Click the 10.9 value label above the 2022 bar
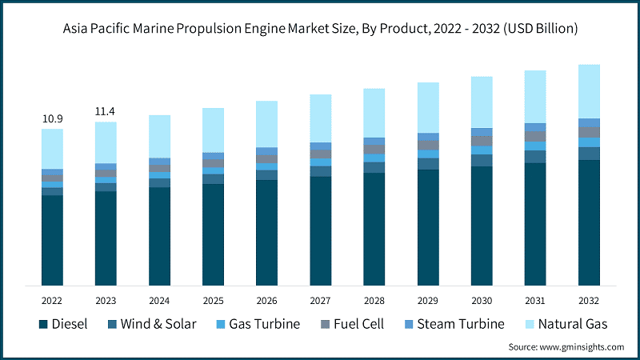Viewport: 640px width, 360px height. (x=53, y=119)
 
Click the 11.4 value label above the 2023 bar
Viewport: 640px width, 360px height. (x=106, y=111)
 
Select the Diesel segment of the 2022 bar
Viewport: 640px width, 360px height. (x=53, y=240)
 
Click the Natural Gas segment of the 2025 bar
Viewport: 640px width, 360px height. (x=214, y=130)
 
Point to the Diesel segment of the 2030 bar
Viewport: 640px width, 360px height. (x=482, y=226)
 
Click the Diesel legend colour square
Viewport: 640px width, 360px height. (x=42, y=324)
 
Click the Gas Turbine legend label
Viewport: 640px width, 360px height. (x=264, y=324)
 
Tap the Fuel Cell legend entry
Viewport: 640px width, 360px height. (x=356, y=324)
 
